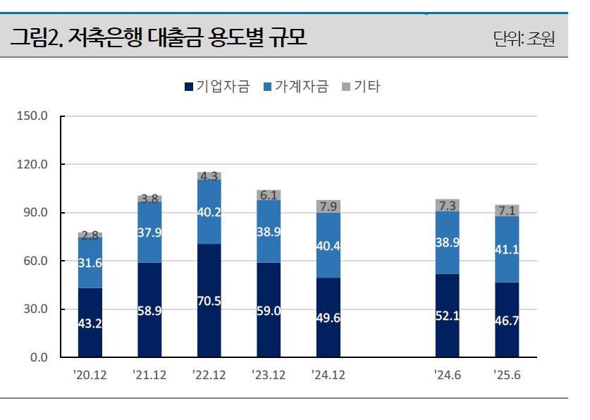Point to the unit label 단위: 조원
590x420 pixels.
524,39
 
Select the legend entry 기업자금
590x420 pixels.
217,87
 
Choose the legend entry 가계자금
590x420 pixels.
295,87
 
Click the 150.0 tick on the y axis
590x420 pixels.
32,116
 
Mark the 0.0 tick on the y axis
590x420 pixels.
37,358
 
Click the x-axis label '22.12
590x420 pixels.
209,375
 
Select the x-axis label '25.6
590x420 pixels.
506,375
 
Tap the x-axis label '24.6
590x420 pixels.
447,375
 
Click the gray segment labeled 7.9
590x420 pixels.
328,206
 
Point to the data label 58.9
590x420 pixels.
149,311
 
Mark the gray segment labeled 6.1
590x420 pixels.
269,194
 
